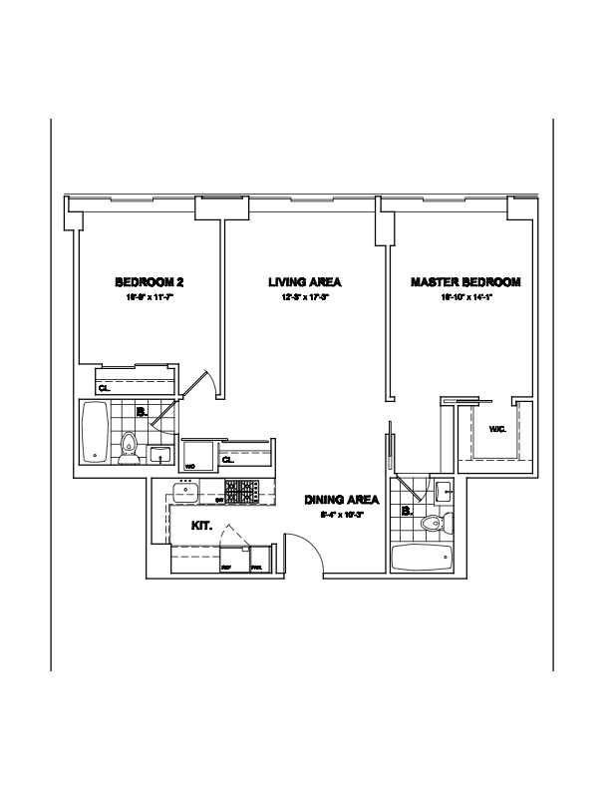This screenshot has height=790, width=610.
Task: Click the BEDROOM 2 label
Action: click(150, 282)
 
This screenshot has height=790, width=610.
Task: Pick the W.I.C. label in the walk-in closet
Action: click(498, 430)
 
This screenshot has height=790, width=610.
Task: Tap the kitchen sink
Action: click(185, 491)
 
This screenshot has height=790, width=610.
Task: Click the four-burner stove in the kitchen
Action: click(240, 490)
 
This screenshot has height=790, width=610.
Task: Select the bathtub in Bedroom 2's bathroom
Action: click(96, 433)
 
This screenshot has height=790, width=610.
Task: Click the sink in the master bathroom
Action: click(445, 491)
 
